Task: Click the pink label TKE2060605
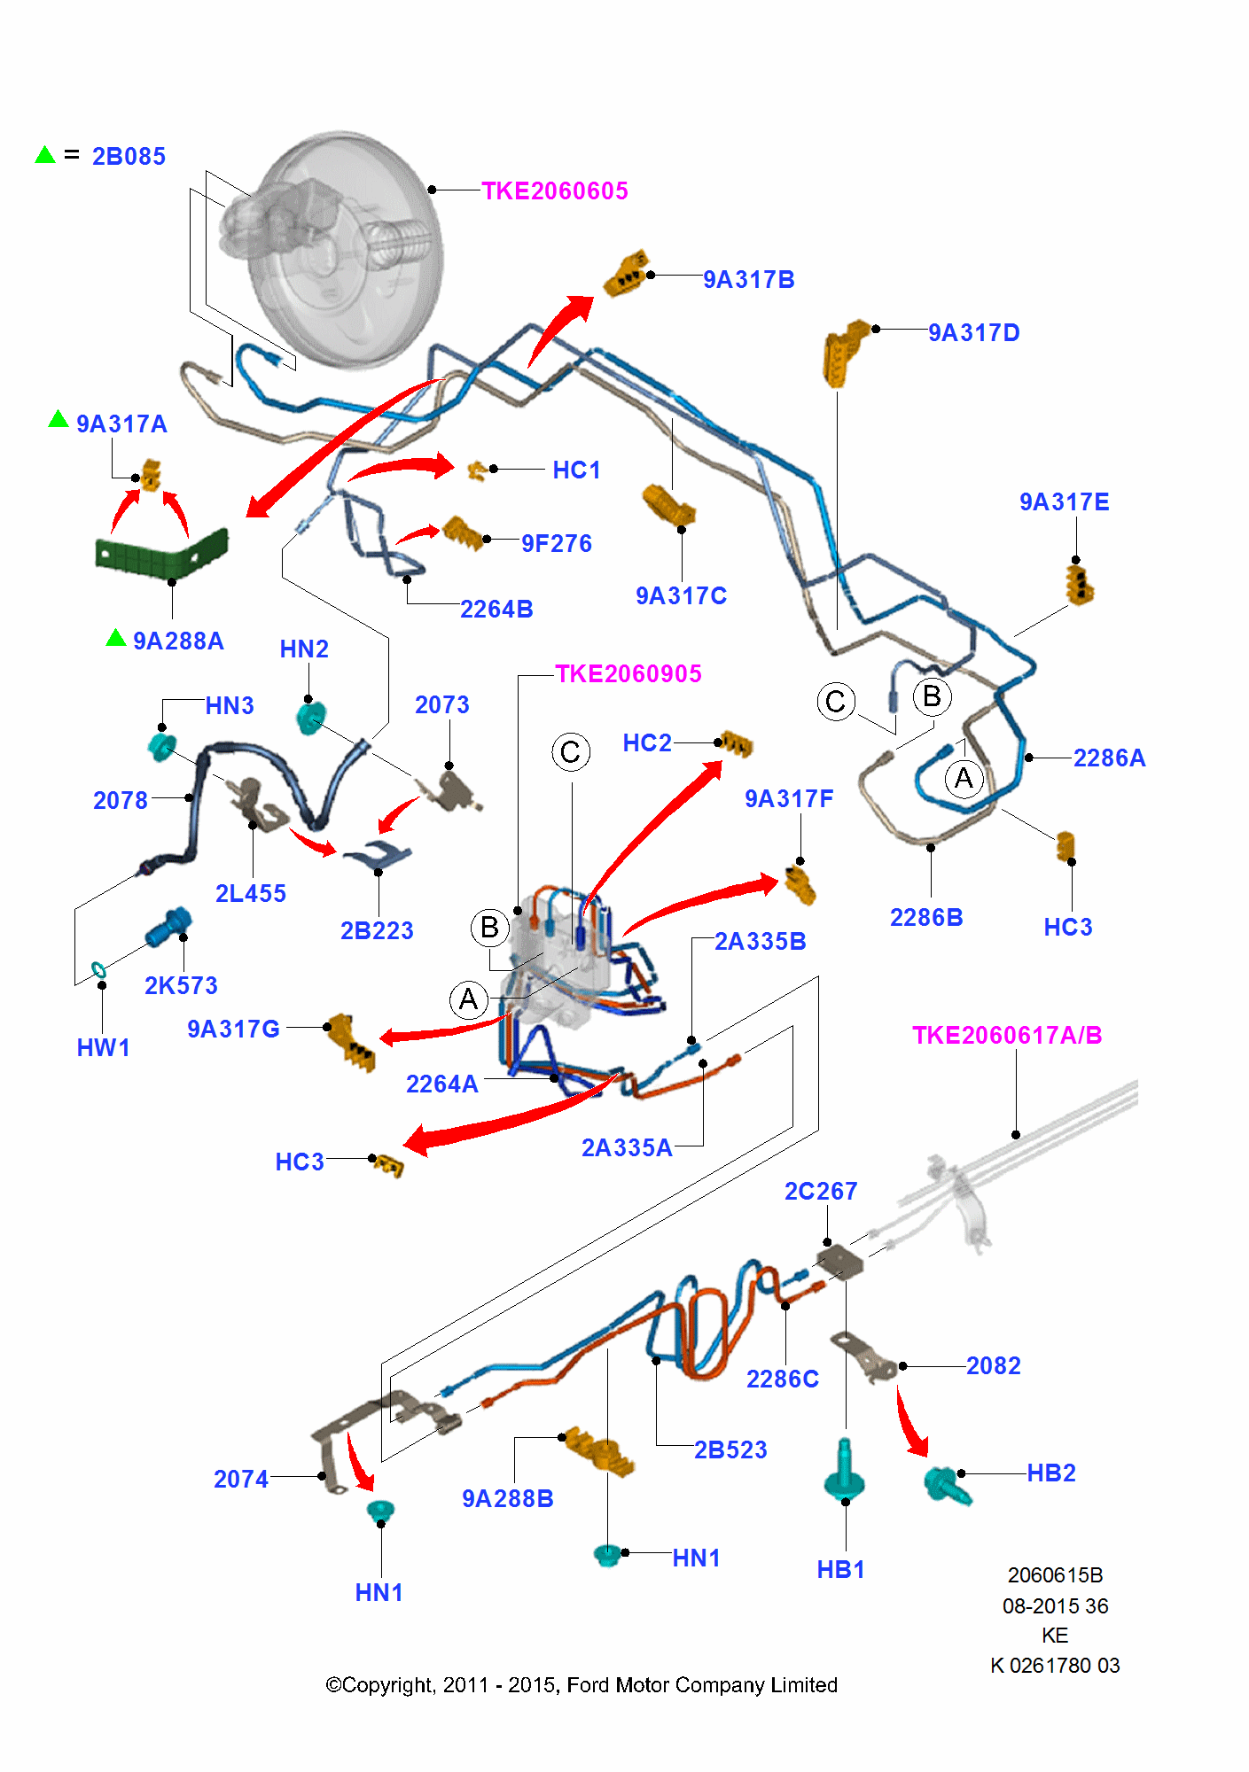pos(554,190)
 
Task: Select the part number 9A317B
pos(748,280)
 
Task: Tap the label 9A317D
pos(973,333)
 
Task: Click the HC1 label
pos(576,470)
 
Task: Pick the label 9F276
pos(556,543)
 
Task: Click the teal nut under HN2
pos(310,717)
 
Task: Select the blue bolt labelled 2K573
pos(168,928)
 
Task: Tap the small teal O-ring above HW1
pos(98,969)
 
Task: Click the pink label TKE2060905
pos(628,674)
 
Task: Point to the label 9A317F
pos(789,799)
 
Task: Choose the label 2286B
pos(926,917)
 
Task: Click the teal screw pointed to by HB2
pos(946,1484)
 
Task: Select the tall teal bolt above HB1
pos(844,1472)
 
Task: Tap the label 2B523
pos(730,1449)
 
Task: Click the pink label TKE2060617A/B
pos(1006,1035)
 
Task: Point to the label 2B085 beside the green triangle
pos(129,157)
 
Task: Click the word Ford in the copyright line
pos(589,1684)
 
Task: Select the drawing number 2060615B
pos(1055,1574)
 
